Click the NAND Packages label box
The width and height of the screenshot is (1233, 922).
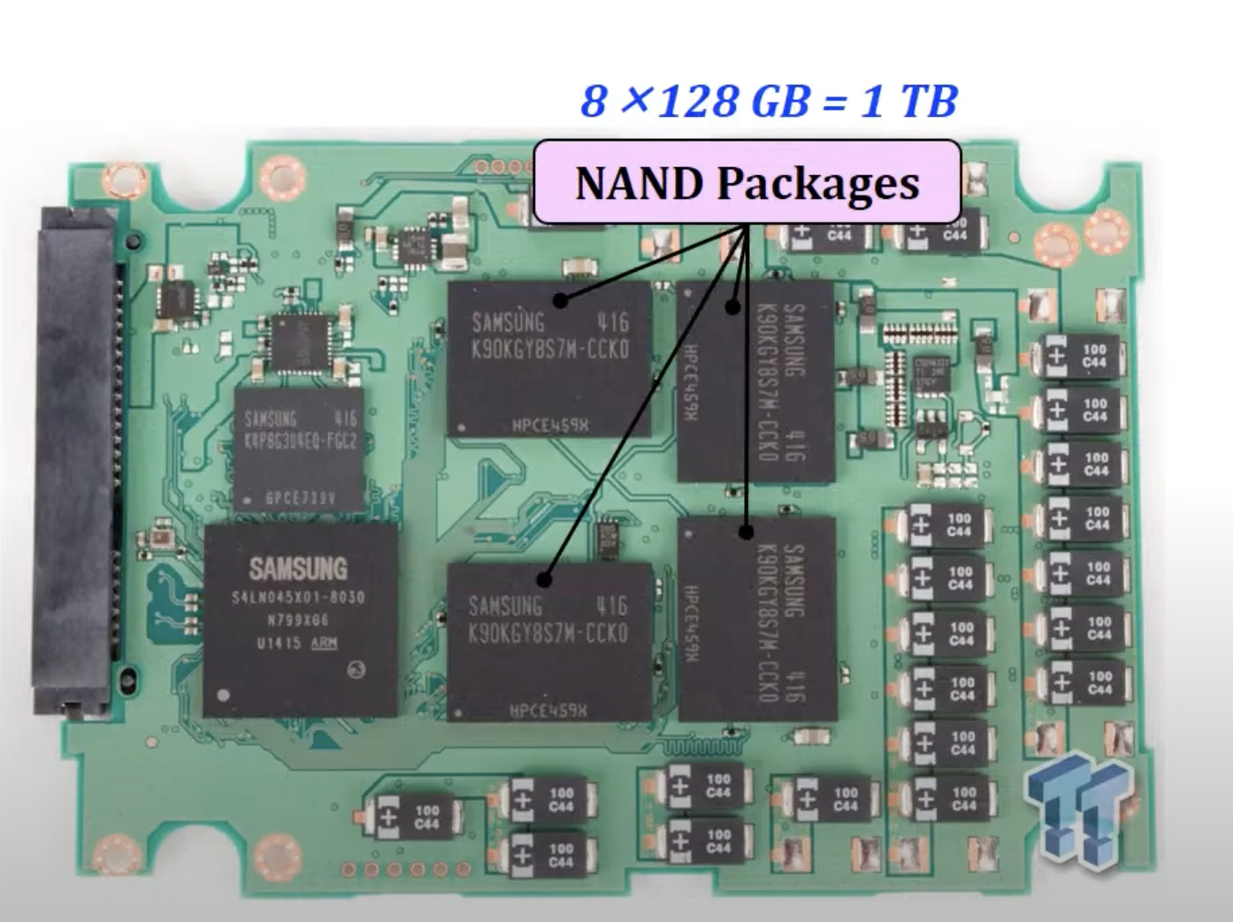pyautogui.click(x=747, y=182)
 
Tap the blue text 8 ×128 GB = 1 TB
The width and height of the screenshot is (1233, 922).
pyautogui.click(x=768, y=101)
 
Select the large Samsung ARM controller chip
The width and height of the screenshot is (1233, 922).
pyautogui.click(x=300, y=619)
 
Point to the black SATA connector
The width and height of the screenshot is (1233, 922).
pyautogui.click(x=76, y=460)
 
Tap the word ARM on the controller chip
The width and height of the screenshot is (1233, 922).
pyautogui.click(x=324, y=643)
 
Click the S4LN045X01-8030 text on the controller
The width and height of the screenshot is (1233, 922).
pyautogui.click(x=298, y=597)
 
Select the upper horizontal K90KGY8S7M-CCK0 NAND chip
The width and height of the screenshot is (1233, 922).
pyautogui.click(x=549, y=358)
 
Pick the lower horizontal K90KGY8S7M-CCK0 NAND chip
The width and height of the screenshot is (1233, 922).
pyautogui.click(x=549, y=642)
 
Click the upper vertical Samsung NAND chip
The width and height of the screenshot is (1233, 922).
pyautogui.click(x=755, y=381)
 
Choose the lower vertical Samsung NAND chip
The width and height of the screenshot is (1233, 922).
pyautogui.click(x=757, y=619)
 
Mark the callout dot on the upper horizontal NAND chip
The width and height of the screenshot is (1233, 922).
pyautogui.click(x=561, y=302)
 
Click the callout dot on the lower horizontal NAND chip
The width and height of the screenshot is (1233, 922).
pyautogui.click(x=544, y=580)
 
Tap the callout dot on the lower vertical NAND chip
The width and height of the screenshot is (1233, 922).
pyautogui.click(x=746, y=532)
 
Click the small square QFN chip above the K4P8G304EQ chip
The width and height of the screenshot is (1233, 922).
pyautogui.click(x=303, y=342)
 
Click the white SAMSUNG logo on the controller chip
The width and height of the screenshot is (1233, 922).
pyautogui.click(x=298, y=568)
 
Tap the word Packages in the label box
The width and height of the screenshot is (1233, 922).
pyautogui.click(x=818, y=183)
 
